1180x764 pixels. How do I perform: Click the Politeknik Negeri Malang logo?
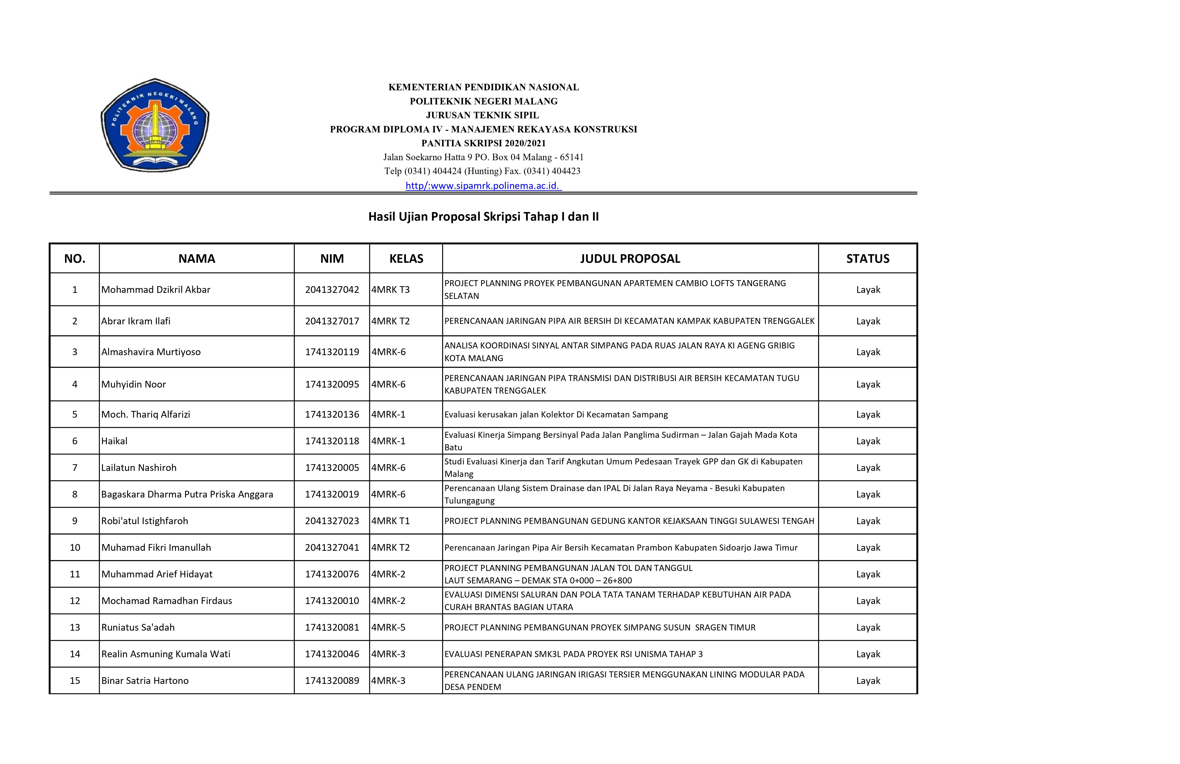(x=155, y=125)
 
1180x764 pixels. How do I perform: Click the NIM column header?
(x=332, y=258)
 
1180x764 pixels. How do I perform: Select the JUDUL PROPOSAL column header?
(x=630, y=258)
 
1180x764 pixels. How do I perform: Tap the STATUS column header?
(x=868, y=258)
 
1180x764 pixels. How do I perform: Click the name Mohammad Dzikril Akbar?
(x=156, y=290)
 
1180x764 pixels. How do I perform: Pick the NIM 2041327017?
(x=332, y=321)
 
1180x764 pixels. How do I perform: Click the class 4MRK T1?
(x=391, y=521)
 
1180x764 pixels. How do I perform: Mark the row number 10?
(x=75, y=548)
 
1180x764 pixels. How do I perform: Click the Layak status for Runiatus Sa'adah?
(x=868, y=628)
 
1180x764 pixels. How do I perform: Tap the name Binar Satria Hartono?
(x=145, y=681)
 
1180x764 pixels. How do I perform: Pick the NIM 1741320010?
(x=332, y=601)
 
